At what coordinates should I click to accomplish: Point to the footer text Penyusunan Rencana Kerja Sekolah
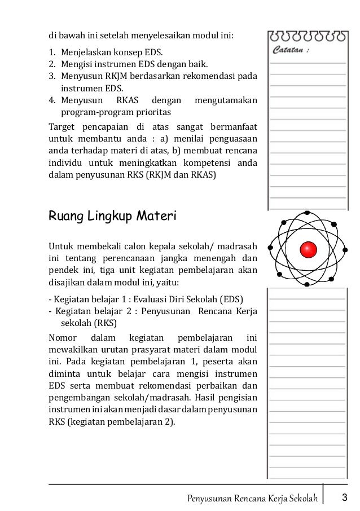pos(252,498)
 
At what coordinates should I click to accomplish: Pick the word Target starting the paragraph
pos(60,126)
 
